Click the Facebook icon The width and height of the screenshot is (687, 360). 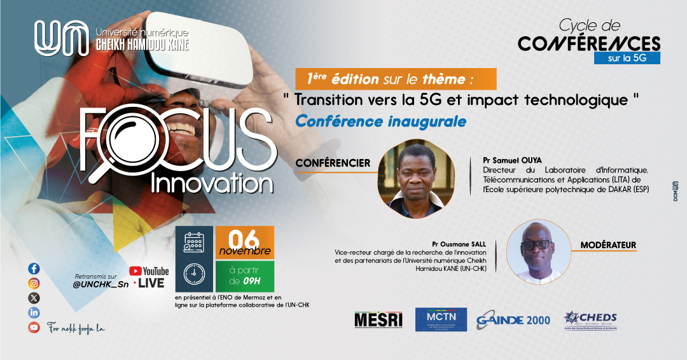point(34,268)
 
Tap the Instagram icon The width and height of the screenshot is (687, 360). point(34,283)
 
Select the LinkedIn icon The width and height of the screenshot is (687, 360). point(34,312)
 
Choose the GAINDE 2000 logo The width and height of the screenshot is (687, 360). point(513,320)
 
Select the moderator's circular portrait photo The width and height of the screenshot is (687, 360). point(535,251)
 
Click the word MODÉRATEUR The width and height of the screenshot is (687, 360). point(608,245)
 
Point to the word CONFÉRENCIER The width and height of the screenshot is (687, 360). point(333,163)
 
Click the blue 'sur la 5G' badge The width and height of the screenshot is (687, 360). point(627,58)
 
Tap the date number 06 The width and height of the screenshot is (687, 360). point(244,239)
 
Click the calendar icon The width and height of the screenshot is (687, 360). point(193,242)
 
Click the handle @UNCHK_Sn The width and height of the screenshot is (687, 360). point(101,284)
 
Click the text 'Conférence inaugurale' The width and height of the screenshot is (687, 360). point(380,120)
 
